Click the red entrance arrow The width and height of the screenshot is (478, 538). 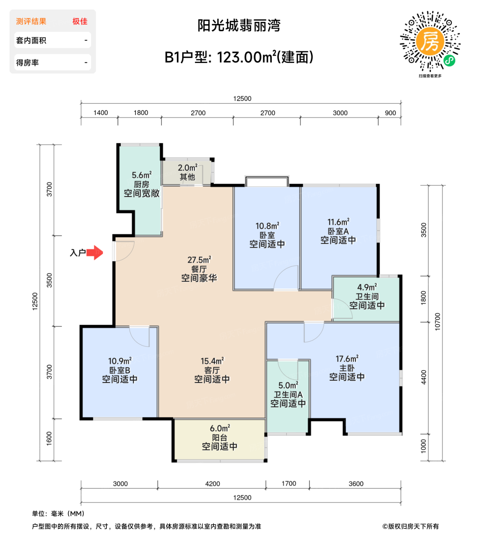tap(95, 252)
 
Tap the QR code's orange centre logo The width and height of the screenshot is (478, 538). tap(430, 42)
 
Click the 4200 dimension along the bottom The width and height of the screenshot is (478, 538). tap(212, 484)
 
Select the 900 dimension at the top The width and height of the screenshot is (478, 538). tap(390, 113)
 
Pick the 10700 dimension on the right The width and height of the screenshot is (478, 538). tap(438, 321)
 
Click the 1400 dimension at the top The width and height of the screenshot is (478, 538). tap(101, 113)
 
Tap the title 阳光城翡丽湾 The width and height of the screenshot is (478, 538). tap(239, 26)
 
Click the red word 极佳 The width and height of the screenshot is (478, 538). tap(80, 22)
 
